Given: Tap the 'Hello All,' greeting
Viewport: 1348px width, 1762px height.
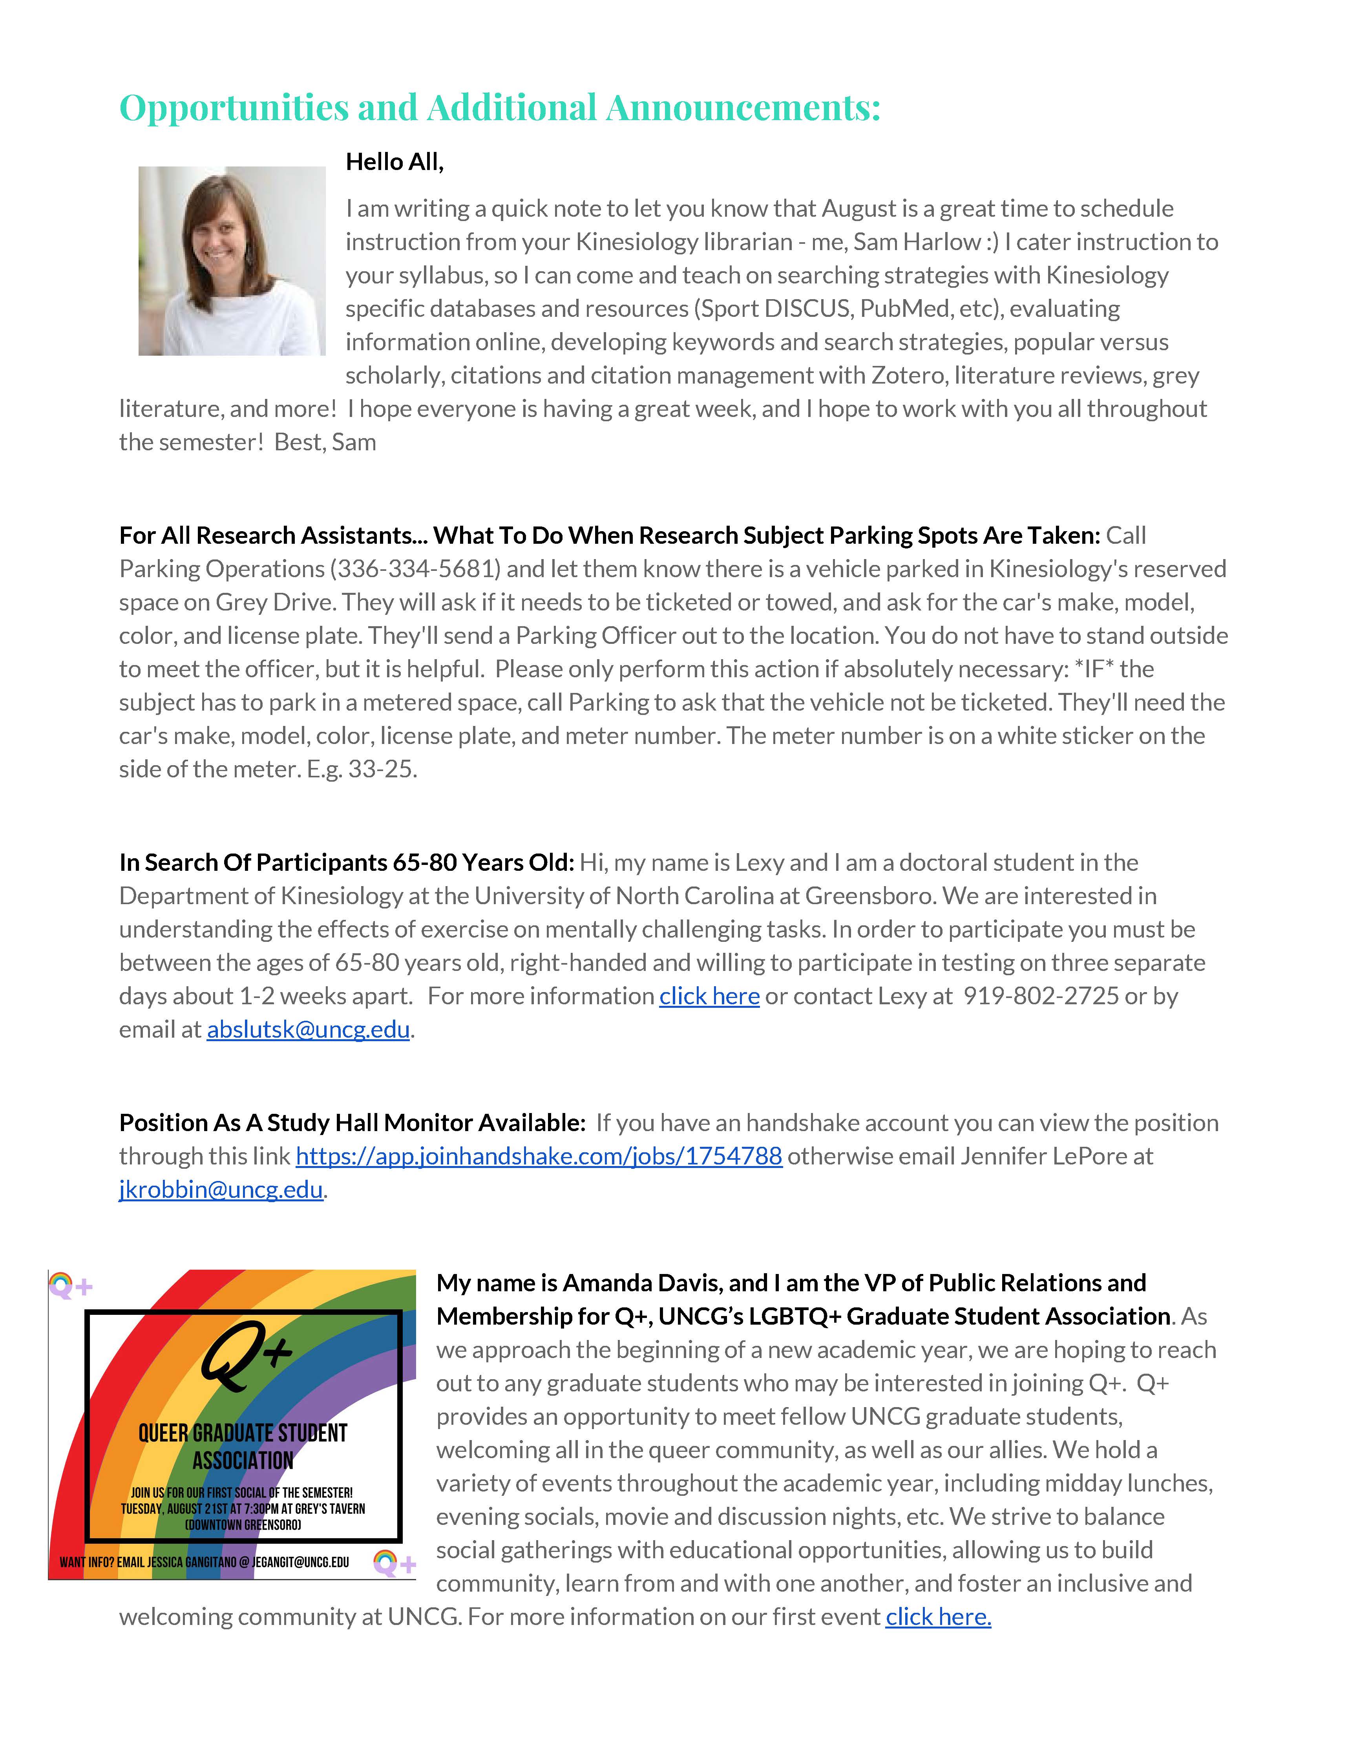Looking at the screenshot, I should (x=394, y=162).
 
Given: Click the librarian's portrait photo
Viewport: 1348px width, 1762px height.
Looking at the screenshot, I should (x=232, y=261).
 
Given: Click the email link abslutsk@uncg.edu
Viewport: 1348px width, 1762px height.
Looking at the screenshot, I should (x=308, y=1029).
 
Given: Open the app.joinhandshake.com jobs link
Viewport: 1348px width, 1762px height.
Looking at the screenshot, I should (x=539, y=1156).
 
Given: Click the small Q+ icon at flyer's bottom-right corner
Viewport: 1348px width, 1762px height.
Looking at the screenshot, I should (x=394, y=1563).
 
